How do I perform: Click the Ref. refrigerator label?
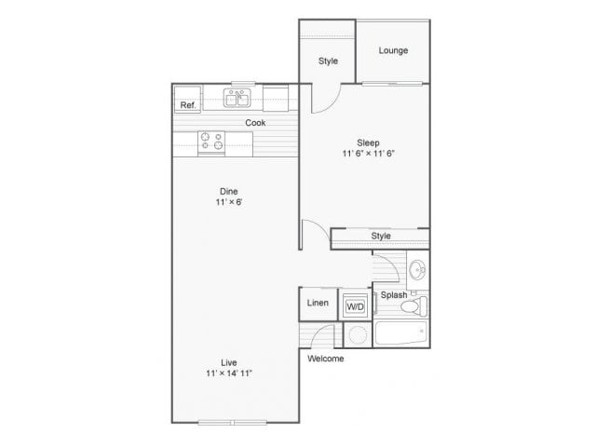pos(187,105)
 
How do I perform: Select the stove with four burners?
pos(211,141)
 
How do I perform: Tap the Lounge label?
pos(393,50)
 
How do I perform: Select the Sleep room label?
pos(369,143)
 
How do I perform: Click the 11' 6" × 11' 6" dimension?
pos(369,155)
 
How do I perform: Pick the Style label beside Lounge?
pos(328,61)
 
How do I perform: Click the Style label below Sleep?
pos(381,236)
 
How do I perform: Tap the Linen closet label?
pos(317,304)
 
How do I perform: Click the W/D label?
pos(355,305)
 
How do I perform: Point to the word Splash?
pos(393,296)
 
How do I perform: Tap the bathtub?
pos(400,332)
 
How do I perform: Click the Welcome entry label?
pos(325,359)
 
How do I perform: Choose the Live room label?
pos(229,362)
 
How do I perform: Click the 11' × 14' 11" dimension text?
pos(229,373)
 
